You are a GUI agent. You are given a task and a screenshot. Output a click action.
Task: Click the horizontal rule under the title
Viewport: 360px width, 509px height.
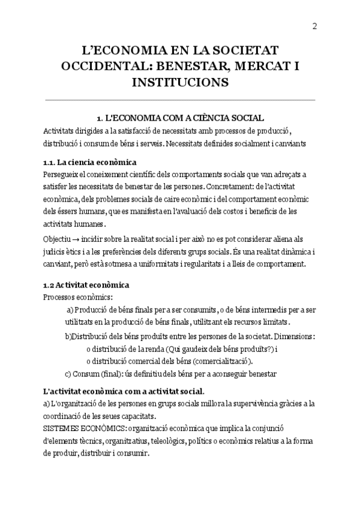180,100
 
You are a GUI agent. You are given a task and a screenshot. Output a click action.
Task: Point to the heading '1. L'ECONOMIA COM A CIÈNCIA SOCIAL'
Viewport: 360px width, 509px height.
180,118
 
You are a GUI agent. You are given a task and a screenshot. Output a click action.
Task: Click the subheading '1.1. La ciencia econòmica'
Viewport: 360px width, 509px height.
90,163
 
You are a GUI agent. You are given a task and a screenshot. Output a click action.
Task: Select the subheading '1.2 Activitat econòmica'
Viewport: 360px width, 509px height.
86,285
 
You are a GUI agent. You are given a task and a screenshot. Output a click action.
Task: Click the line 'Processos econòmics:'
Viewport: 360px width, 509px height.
79,297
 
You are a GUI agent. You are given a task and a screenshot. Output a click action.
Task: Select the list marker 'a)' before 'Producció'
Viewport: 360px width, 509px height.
70,309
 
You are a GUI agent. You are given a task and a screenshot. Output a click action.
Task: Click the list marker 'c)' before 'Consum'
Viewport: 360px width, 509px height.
68,374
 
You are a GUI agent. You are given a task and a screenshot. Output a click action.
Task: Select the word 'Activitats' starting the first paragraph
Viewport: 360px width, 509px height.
61,131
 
